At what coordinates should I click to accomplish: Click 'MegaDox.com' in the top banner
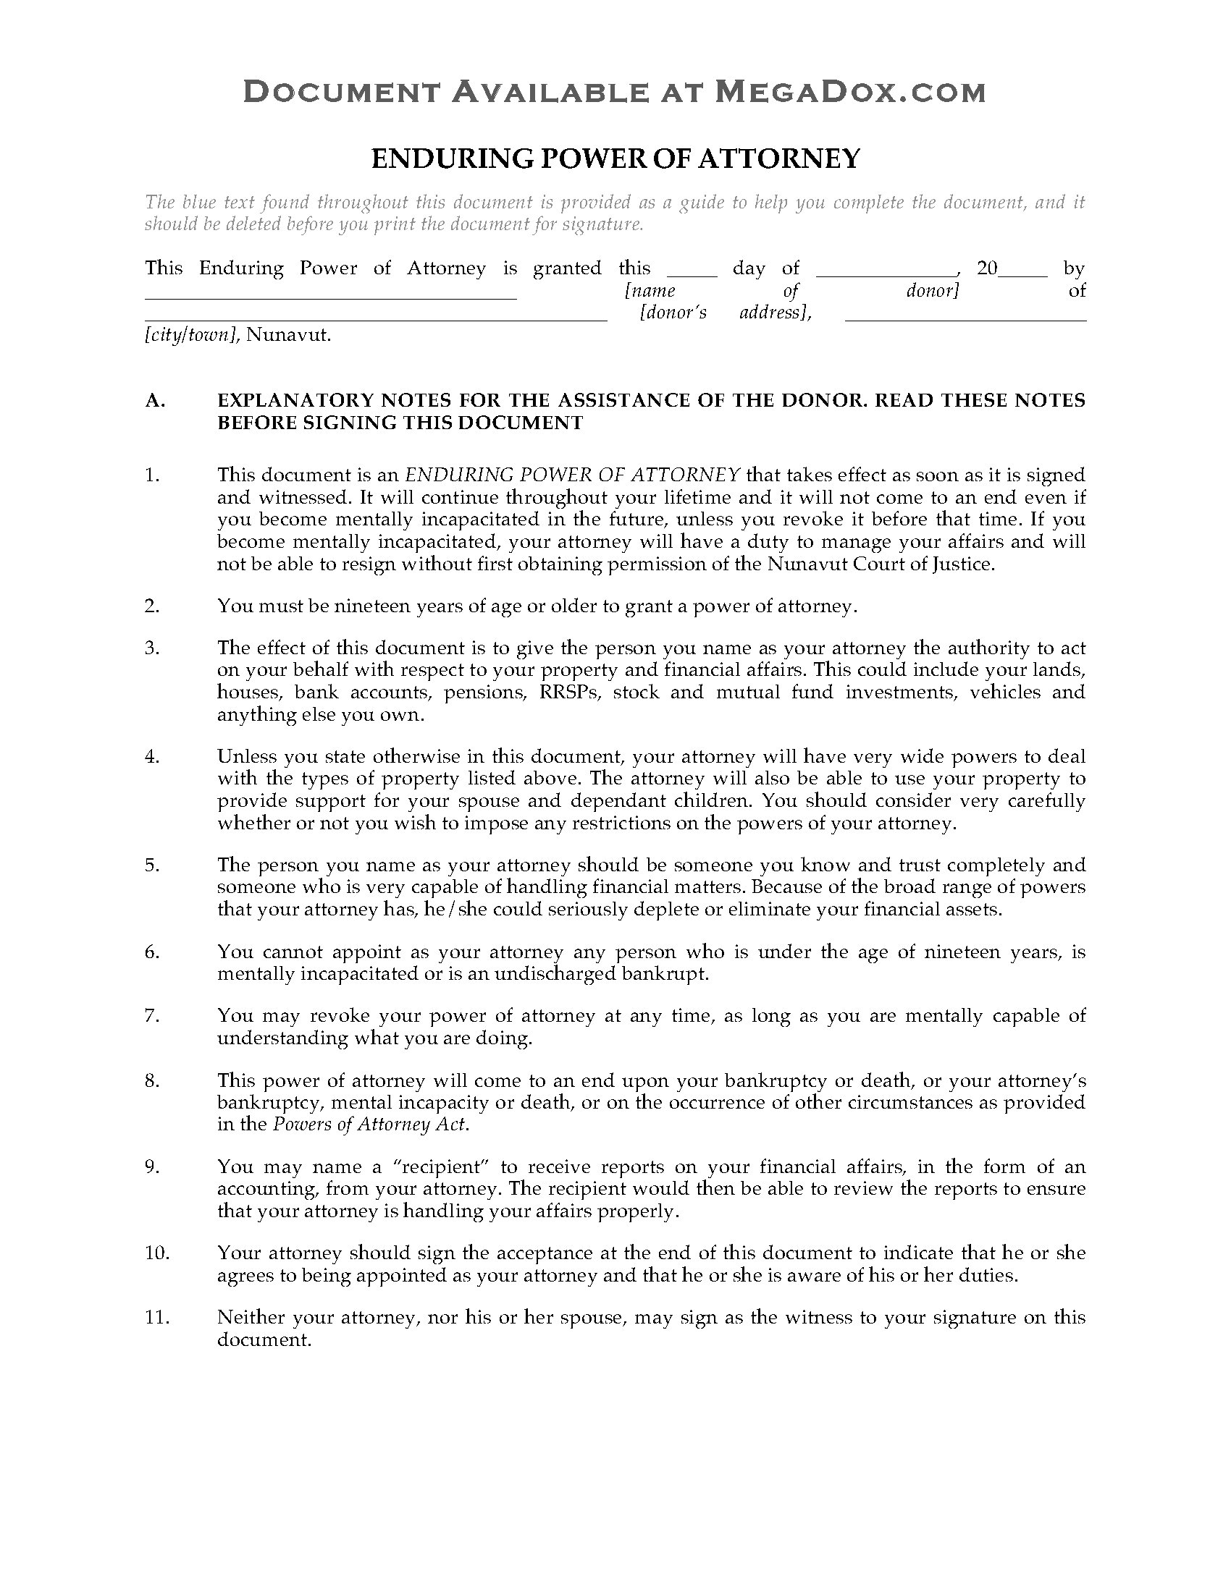(849, 93)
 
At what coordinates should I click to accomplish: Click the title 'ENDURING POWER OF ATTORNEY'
(615, 158)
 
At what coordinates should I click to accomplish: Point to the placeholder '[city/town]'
(192, 335)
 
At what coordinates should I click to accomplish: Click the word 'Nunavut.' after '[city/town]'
(289, 335)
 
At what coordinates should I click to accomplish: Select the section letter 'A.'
(156, 400)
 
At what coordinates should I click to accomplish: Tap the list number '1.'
(151, 475)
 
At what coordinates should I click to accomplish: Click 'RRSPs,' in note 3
(571, 693)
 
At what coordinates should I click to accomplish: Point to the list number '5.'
(151, 865)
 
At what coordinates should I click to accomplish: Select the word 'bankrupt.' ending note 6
(673, 974)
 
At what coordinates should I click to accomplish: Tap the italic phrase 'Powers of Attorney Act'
(369, 1124)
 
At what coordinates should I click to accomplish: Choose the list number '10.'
(157, 1253)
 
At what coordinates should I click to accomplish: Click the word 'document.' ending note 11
(264, 1339)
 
